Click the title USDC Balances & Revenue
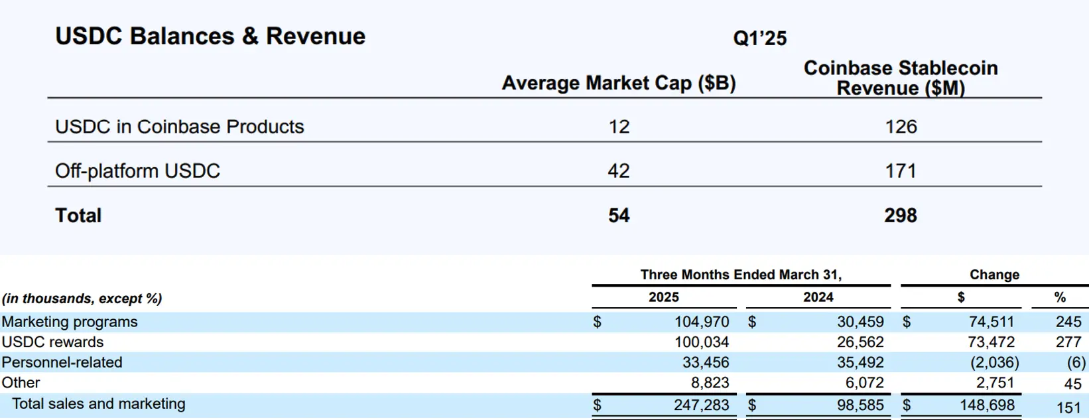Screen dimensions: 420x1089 click(x=210, y=36)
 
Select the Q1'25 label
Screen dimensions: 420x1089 click(x=759, y=38)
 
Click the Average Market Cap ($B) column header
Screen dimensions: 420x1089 click(x=618, y=83)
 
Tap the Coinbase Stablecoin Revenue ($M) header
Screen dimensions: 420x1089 click(x=900, y=78)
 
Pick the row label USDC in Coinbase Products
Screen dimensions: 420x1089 click(x=179, y=127)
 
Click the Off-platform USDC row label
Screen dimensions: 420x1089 click(x=137, y=171)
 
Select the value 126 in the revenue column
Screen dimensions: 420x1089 click(x=901, y=127)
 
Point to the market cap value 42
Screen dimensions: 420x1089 click(x=618, y=171)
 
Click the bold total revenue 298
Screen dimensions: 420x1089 click(x=900, y=216)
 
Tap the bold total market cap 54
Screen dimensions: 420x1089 click(x=618, y=216)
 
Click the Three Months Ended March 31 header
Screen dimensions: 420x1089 click(x=740, y=275)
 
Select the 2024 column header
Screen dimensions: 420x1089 click(x=818, y=297)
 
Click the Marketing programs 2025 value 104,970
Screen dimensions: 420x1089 click(x=702, y=322)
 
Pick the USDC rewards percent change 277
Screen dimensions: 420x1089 click(x=1068, y=342)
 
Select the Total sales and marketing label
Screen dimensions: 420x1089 click(x=99, y=404)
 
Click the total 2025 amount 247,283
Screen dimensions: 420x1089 click(x=701, y=405)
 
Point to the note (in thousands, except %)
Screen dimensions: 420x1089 click(x=82, y=299)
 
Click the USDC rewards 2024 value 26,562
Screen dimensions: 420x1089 click(x=860, y=342)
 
